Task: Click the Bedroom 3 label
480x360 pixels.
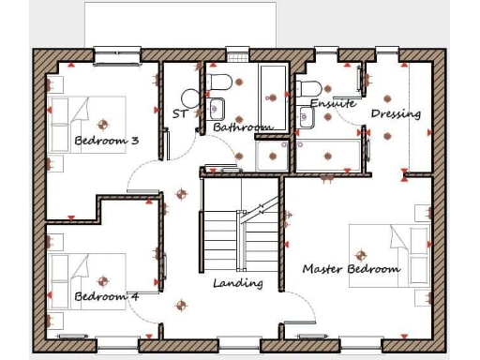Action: [x=106, y=142]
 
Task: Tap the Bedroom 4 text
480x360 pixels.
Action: [x=106, y=297]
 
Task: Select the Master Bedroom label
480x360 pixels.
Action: [x=351, y=269]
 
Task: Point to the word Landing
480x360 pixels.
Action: [x=237, y=283]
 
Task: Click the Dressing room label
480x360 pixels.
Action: [x=396, y=114]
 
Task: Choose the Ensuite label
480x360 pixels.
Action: [x=333, y=104]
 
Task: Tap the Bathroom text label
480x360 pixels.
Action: [x=242, y=127]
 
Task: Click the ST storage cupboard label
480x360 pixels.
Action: [x=180, y=114]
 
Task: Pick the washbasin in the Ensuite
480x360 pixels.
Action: [x=307, y=117]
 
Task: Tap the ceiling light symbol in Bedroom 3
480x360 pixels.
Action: [x=102, y=124]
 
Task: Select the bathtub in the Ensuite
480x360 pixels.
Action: [x=329, y=153]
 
